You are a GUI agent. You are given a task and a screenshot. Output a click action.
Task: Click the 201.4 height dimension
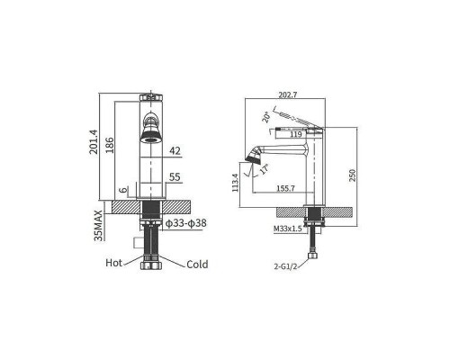click(x=94, y=141)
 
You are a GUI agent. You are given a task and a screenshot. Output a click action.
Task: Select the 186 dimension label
click(x=110, y=145)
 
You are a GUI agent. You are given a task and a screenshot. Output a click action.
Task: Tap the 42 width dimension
click(x=175, y=151)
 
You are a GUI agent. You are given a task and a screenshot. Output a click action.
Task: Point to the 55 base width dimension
click(x=175, y=177)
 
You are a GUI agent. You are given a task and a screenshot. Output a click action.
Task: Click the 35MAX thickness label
click(x=98, y=225)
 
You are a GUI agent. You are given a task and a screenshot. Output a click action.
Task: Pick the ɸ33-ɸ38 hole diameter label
click(x=186, y=223)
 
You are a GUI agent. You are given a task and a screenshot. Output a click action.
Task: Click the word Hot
click(x=113, y=263)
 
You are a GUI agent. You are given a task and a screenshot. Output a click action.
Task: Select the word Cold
click(x=197, y=265)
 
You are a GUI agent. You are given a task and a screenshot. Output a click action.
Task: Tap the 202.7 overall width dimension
click(x=288, y=94)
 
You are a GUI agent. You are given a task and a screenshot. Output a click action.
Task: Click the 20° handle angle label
click(x=266, y=117)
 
